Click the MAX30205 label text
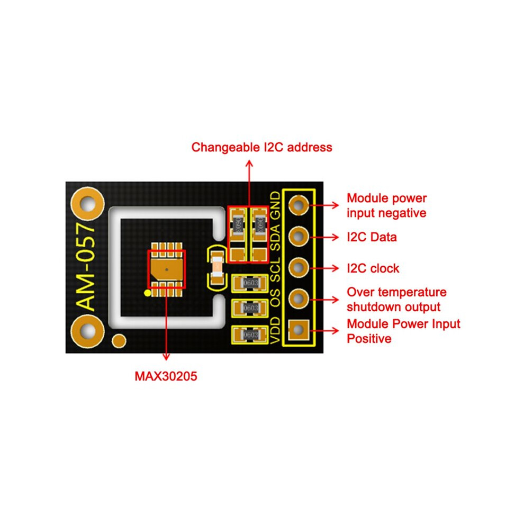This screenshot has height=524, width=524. [x=166, y=376]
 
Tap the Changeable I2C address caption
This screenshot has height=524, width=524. [x=261, y=147]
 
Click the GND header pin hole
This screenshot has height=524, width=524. [x=299, y=204]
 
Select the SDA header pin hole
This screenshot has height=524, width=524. [x=299, y=236]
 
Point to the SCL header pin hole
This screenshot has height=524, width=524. [x=299, y=268]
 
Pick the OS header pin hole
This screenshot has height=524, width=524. [x=299, y=299]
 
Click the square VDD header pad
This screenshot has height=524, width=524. [x=299, y=330]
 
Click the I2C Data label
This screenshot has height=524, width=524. [x=372, y=237]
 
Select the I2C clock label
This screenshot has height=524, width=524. [x=373, y=268]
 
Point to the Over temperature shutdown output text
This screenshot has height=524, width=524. [x=396, y=300]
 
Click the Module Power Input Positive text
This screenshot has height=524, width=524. [x=403, y=331]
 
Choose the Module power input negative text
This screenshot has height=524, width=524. [x=387, y=205]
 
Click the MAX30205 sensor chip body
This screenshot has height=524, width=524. [x=167, y=269]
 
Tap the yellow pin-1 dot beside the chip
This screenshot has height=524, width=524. [x=147, y=293]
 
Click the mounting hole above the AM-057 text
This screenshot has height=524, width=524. [x=87, y=204]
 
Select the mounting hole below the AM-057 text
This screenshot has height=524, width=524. [x=87, y=331]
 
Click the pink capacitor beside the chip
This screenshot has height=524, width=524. [x=218, y=266]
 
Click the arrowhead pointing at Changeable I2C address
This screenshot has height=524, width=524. [x=249, y=164]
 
